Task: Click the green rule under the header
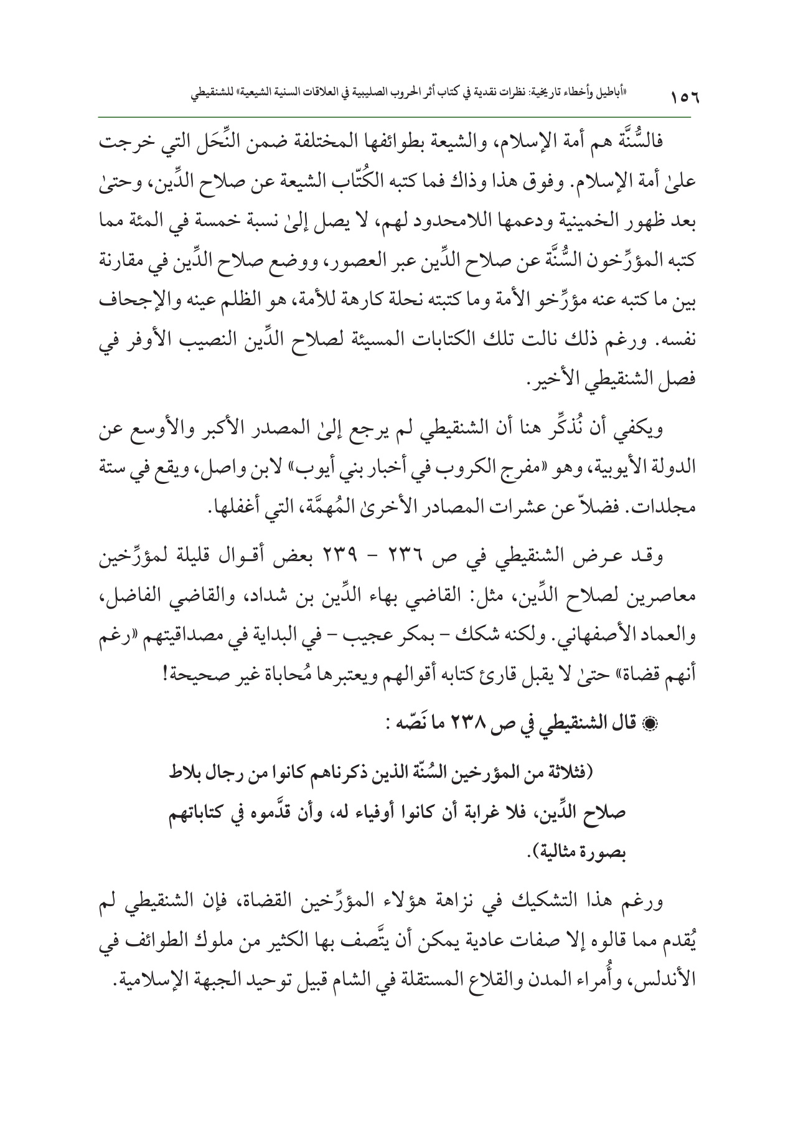click(396, 117)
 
